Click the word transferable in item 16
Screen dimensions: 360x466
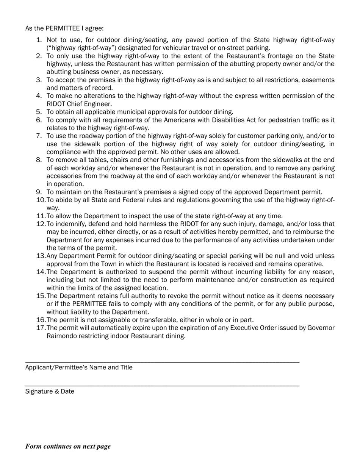click(155, 320)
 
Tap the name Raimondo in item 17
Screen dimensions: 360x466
click(62, 336)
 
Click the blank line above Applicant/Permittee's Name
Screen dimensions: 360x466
click(162, 363)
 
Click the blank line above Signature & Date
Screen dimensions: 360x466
click(162, 386)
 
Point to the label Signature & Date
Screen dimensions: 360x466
click(50, 391)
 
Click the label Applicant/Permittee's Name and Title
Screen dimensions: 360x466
click(79, 367)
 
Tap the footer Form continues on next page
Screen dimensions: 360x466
click(68, 446)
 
